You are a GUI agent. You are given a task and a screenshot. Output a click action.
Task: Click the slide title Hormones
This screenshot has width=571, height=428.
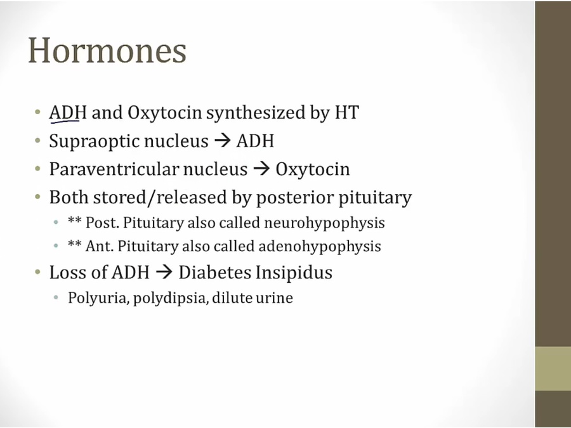(107, 50)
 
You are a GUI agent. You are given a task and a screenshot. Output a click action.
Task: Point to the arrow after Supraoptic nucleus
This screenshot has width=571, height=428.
(223, 141)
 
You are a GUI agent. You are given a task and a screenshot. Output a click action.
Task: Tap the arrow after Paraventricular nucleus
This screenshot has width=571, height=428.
(261, 169)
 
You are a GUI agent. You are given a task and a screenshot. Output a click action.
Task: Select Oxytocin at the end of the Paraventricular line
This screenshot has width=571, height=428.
(312, 169)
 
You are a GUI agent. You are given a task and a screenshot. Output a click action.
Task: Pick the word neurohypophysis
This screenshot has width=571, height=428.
(324, 223)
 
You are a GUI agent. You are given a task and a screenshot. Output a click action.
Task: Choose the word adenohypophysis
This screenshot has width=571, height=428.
(320, 247)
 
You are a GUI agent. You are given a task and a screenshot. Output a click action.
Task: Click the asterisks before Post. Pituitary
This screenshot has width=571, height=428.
(74, 221)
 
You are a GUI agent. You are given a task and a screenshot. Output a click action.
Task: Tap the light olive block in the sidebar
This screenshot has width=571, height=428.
(553, 368)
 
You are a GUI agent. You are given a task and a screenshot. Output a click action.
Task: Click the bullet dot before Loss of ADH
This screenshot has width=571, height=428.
(37, 272)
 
